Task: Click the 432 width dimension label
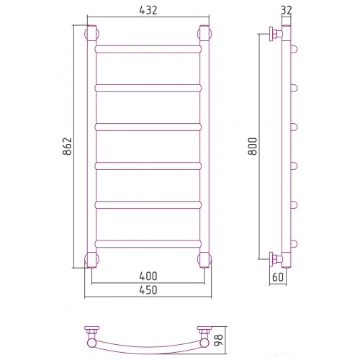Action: pyautogui.click(x=148, y=10)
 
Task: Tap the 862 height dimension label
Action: pyautogui.click(x=67, y=146)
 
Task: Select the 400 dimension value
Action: pyautogui.click(x=148, y=276)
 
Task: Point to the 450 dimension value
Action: pyautogui.click(x=148, y=289)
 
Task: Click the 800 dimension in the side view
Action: pyautogui.click(x=253, y=146)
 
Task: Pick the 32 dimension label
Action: pyautogui.click(x=286, y=10)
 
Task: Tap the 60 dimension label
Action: pyautogui.click(x=278, y=277)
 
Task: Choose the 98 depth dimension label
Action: pyautogui.click(x=218, y=340)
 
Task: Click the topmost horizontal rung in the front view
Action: pyautogui.click(x=148, y=49)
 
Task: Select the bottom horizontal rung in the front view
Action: pyautogui.click(x=148, y=244)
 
